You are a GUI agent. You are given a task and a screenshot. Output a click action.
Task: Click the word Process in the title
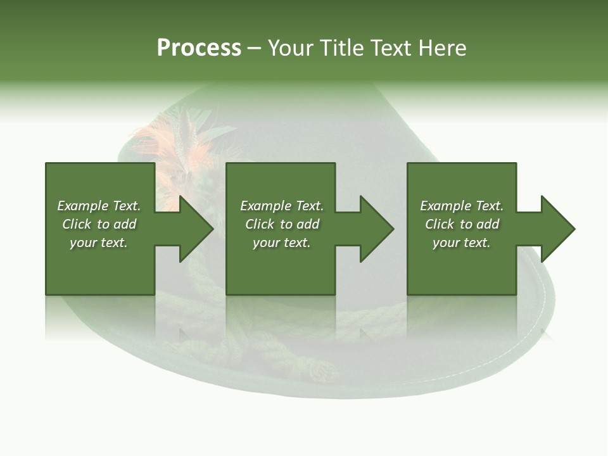tap(199, 48)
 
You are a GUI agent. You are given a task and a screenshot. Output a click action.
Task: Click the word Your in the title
tap(293, 48)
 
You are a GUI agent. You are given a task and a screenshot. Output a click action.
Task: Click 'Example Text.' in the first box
tap(99, 206)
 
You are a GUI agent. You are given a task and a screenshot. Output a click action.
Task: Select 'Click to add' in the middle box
tap(282, 224)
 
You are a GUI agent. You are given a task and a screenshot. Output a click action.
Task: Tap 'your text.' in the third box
tap(461, 243)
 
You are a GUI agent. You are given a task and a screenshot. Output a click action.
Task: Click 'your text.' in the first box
tap(99, 243)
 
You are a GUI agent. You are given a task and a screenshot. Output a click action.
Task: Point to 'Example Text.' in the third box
tap(461, 206)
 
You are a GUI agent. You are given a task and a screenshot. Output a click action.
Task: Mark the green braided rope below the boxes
tap(266, 355)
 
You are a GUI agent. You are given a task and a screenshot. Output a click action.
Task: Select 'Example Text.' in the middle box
tap(282, 206)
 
